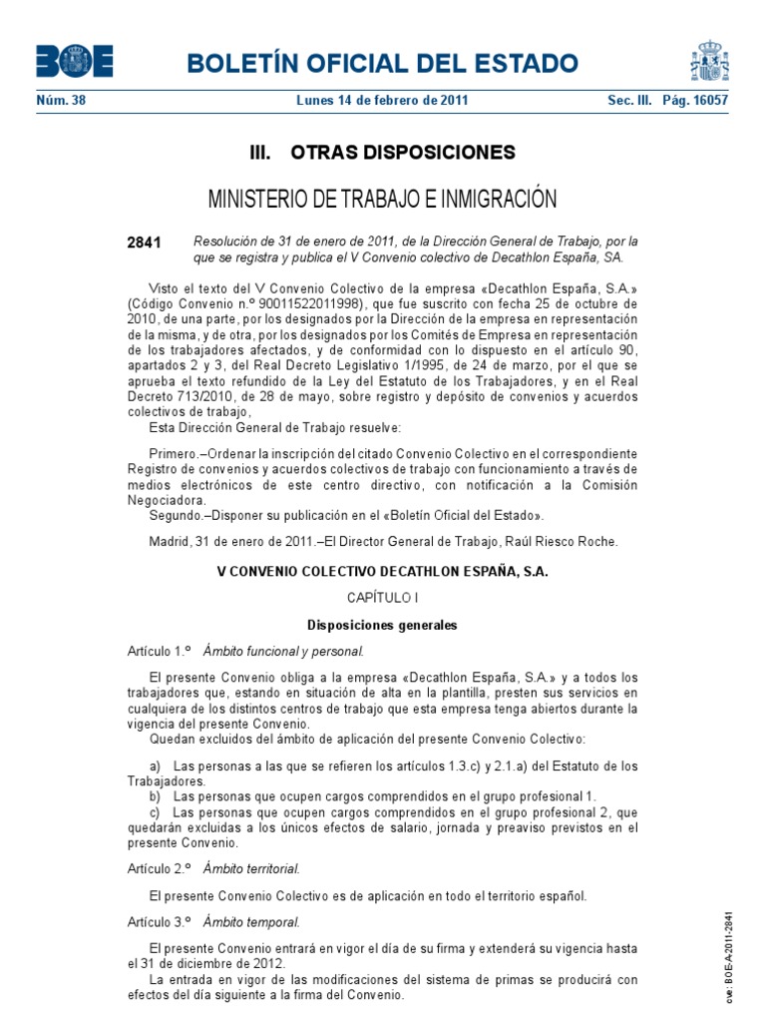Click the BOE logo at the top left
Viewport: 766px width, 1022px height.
tap(75, 62)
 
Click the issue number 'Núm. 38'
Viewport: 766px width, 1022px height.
tap(61, 101)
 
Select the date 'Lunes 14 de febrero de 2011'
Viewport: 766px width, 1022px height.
tap(383, 101)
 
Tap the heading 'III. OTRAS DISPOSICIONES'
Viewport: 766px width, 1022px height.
tap(383, 153)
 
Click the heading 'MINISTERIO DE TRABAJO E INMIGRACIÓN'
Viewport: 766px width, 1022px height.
tap(383, 200)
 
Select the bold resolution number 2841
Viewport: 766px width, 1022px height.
tap(144, 243)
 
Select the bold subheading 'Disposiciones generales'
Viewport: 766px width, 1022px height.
tap(383, 626)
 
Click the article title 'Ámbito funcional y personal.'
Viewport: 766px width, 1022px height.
tap(283, 652)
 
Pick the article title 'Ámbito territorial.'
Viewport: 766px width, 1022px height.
tap(251, 868)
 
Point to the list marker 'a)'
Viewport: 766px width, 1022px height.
tap(155, 766)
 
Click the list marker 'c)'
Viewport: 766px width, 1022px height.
tap(155, 812)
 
